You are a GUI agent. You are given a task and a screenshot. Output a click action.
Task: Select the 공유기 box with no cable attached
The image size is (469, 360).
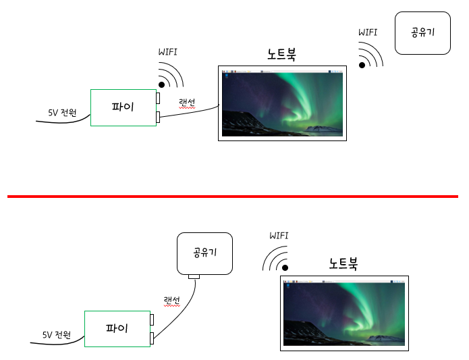click(422, 32)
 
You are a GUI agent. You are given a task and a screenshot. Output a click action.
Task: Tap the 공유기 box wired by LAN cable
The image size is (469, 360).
click(204, 253)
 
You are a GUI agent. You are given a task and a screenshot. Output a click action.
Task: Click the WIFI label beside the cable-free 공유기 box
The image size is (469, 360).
click(368, 32)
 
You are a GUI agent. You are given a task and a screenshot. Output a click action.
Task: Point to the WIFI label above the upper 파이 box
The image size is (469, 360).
click(168, 51)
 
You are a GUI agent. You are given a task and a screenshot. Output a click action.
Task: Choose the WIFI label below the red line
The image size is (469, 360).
click(279, 236)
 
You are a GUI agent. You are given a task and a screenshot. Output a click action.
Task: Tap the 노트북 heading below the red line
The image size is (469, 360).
click(343, 264)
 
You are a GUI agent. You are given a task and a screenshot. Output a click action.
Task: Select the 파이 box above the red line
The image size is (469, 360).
click(123, 107)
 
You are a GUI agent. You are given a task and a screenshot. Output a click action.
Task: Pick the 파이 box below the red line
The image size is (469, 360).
click(117, 329)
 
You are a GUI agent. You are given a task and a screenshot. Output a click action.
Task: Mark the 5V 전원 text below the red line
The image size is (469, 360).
click(56, 334)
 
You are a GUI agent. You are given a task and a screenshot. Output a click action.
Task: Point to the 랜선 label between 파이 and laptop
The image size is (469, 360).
click(187, 103)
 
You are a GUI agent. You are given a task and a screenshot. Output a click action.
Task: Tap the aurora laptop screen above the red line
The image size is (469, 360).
click(282, 103)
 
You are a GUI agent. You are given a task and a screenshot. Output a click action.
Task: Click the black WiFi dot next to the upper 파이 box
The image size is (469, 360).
click(162, 84)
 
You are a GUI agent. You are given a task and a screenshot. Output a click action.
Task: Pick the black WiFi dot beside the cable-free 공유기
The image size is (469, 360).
click(362, 66)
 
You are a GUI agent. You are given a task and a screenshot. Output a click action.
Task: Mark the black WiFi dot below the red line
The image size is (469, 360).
click(285, 268)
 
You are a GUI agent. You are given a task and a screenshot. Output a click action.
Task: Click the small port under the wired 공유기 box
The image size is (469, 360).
click(194, 276)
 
